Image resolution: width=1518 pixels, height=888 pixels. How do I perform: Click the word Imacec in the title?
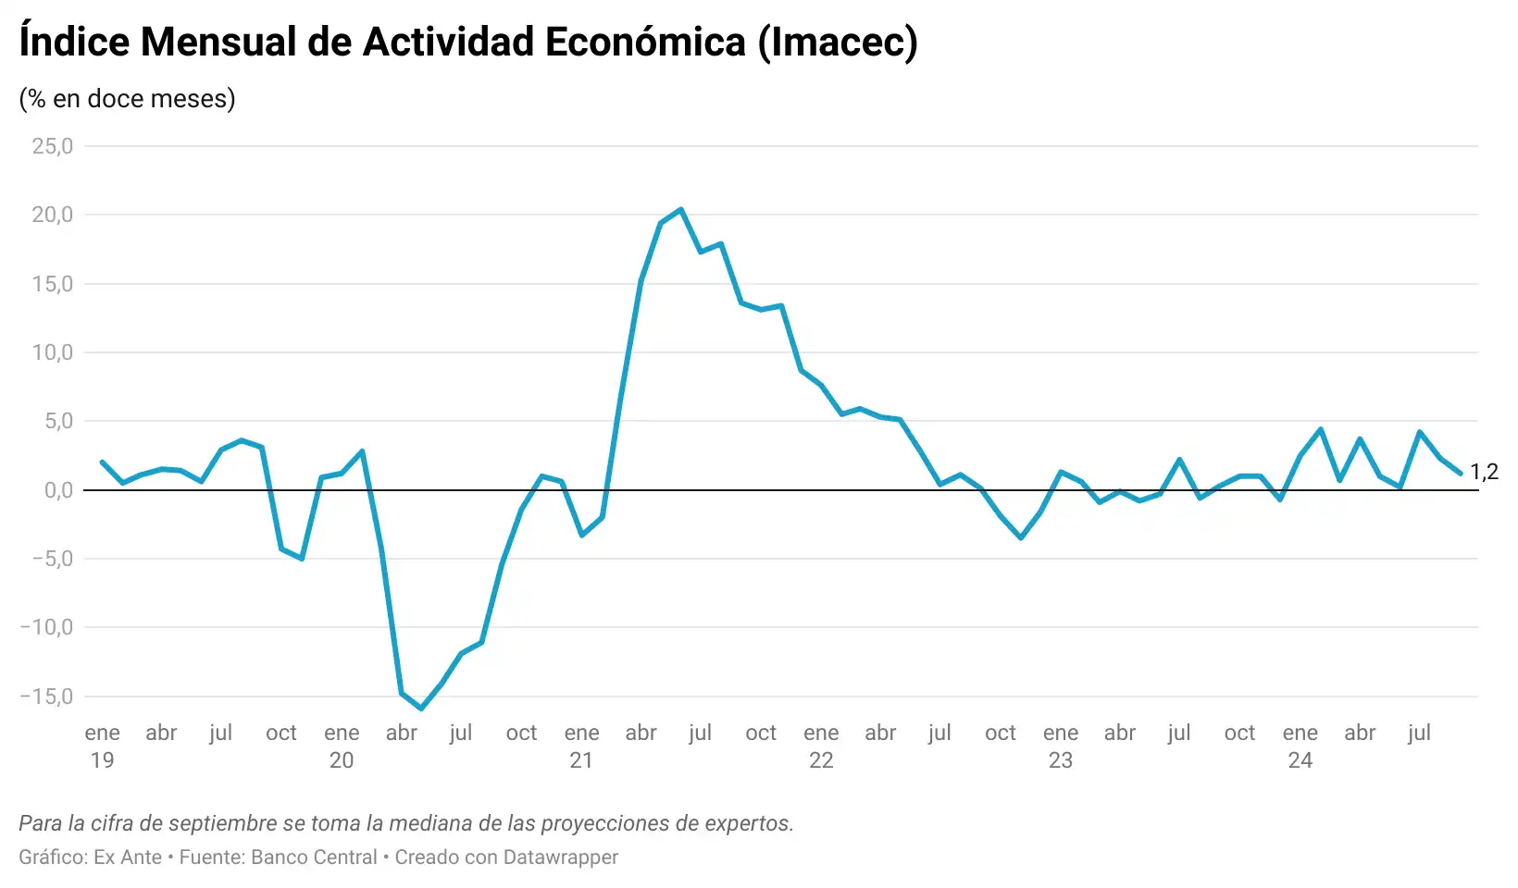point(838,43)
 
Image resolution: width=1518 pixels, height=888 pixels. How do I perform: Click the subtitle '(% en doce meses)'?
point(127,99)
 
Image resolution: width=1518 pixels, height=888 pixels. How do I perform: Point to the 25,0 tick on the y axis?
point(52,146)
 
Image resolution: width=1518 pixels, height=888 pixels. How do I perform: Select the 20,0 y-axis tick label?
point(52,215)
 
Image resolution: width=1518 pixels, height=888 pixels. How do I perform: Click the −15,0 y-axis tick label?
point(46,697)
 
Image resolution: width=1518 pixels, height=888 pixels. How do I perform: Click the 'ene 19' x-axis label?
point(102,746)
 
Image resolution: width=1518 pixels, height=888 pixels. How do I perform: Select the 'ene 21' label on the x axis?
point(581,746)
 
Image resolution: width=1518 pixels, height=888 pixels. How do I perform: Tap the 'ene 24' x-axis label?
point(1300,746)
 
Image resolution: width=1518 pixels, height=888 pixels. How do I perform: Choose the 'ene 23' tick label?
point(1060,746)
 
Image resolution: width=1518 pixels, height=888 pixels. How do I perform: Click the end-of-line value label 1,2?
point(1484,472)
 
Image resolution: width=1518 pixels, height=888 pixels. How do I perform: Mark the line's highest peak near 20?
point(680,210)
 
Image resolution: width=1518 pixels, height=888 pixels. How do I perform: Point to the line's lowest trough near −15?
point(421,709)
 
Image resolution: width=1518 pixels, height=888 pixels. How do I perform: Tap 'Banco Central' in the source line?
point(314,857)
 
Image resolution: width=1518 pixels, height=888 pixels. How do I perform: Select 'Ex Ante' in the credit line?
point(128,857)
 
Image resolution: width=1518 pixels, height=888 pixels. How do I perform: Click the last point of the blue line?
point(1460,474)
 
